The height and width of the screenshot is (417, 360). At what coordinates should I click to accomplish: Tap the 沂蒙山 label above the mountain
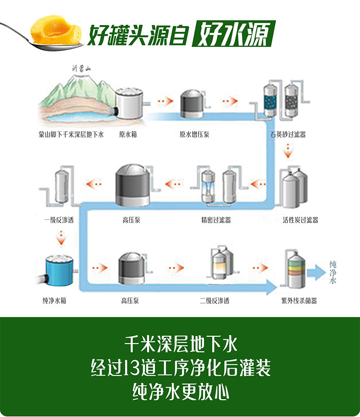click(82, 69)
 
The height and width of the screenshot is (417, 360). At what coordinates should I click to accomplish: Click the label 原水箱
click(128, 135)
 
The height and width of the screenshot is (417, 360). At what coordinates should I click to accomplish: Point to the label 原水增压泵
click(194, 135)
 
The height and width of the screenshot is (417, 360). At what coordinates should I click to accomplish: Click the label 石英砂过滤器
click(288, 135)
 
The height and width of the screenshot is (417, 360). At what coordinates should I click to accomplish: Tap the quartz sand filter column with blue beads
click(271, 100)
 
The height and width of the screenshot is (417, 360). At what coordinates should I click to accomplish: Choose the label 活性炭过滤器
click(300, 220)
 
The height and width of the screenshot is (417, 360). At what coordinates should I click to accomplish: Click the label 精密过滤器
click(216, 220)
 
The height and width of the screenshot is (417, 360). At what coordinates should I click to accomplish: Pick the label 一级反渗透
click(59, 220)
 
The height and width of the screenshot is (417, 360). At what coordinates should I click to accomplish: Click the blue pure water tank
click(59, 270)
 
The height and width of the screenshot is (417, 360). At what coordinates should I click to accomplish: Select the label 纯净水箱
click(54, 301)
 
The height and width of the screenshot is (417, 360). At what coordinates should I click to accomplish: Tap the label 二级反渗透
click(215, 301)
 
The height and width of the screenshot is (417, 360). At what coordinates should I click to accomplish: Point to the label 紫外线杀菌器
click(299, 301)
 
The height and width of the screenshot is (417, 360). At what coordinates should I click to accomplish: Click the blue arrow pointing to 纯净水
click(316, 272)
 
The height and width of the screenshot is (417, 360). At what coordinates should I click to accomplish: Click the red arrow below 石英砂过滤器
click(288, 151)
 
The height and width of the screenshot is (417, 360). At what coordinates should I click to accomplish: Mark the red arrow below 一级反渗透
click(61, 238)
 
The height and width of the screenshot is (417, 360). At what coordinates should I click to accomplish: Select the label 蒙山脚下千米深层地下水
click(71, 135)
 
